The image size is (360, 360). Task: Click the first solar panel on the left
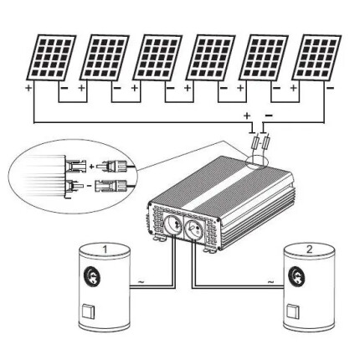click(51, 58)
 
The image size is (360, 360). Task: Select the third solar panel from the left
click(157, 58)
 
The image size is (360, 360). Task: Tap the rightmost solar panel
click(316, 58)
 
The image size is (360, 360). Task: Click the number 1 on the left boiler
click(105, 249)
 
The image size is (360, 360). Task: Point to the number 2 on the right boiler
click(309, 249)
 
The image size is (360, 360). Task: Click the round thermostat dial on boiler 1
click(93, 276)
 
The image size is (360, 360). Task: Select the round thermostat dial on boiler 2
click(296, 275)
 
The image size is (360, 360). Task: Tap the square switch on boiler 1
click(88, 312)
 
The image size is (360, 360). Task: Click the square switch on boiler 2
click(293, 311)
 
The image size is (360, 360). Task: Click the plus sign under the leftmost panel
click(28, 88)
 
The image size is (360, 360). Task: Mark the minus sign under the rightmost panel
click(331, 88)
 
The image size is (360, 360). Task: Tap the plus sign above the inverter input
click(247, 116)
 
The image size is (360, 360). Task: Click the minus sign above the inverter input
click(269, 116)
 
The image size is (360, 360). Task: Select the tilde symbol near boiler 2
click(270, 282)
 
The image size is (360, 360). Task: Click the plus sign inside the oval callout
click(91, 167)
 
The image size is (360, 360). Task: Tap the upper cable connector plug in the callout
click(116, 167)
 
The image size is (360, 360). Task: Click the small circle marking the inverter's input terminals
click(257, 162)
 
